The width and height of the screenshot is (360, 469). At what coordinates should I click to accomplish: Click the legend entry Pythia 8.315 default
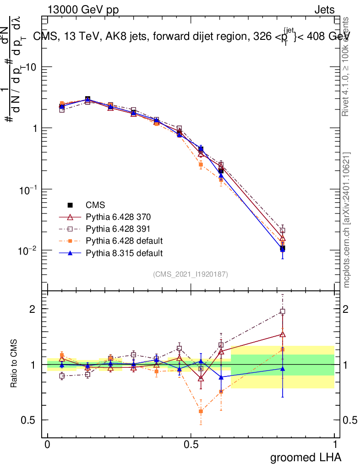124,253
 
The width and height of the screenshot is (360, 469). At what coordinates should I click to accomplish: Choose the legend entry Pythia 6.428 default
124,241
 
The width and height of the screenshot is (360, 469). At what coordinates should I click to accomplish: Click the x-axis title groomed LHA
306,457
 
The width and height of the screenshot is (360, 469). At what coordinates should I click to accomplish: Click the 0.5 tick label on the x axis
191,445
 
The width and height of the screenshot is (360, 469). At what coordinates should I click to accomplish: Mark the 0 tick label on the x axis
47,445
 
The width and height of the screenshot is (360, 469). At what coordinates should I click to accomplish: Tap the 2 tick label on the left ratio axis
32,309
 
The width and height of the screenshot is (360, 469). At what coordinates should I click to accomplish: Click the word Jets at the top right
324,10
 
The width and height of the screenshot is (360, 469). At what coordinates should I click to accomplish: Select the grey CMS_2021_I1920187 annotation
191,274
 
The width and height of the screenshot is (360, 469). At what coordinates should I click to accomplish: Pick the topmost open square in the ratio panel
283,311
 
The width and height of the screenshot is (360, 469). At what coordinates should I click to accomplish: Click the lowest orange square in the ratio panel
201,411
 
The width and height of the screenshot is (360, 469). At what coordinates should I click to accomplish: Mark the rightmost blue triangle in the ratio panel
283,368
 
